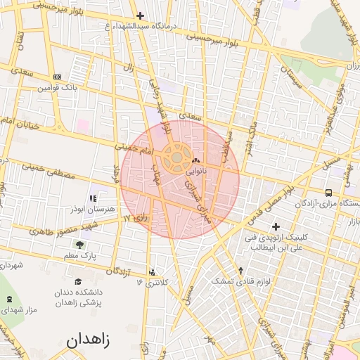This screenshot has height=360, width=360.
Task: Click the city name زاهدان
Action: pyautogui.click(x=89, y=340)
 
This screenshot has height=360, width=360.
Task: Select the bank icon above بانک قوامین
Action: pyautogui.click(x=57, y=77)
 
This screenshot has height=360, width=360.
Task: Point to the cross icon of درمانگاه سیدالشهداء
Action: pyautogui.click(x=140, y=15)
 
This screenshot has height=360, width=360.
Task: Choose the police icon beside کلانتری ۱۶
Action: pyautogui.click(x=153, y=271)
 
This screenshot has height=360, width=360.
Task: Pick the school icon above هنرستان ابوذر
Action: pyautogui.click(x=93, y=199)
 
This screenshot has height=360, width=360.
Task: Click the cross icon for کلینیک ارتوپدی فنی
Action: pyautogui.click(x=276, y=226)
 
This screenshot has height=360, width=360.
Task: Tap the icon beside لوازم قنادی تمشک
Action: pyautogui.click(x=241, y=271)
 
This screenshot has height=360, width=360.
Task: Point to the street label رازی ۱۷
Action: pyautogui.click(x=135, y=219)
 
